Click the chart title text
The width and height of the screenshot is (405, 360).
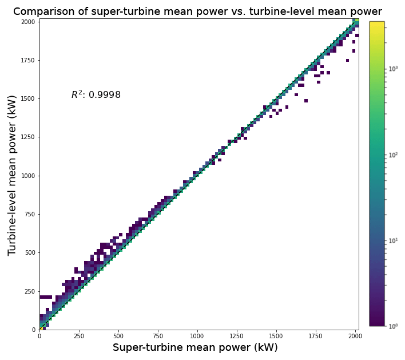pyautogui.click(x=197, y=11)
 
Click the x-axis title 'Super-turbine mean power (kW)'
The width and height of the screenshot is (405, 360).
pyautogui.click(x=195, y=347)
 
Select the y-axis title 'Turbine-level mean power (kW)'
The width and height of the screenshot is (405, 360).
pyautogui.click(x=13, y=175)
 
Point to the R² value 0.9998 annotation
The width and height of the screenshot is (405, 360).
pyautogui.click(x=96, y=95)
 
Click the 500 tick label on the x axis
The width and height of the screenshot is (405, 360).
pyautogui.click(x=118, y=336)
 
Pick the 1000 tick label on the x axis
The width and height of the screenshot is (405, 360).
pyautogui.click(x=197, y=336)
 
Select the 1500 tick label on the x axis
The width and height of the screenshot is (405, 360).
pyautogui.click(x=276, y=336)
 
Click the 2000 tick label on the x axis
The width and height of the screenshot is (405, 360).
pyautogui.click(x=354, y=336)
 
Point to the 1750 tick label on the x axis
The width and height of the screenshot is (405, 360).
pyautogui.click(x=315, y=336)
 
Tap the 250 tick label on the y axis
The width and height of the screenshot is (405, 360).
pyautogui.click(x=29, y=291)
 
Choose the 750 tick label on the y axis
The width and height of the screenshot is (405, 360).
pyautogui.click(x=29, y=214)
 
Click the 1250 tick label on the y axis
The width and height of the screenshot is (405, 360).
pyautogui.click(x=27, y=137)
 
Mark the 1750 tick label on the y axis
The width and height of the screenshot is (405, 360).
pyautogui.click(x=27, y=60)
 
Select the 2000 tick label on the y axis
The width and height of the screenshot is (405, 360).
pyautogui.click(x=27, y=22)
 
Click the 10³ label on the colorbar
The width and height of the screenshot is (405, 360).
pyautogui.click(x=394, y=69)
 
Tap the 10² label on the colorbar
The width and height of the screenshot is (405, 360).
pyautogui.click(x=394, y=155)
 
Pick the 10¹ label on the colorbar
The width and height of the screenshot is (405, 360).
pyautogui.click(x=394, y=240)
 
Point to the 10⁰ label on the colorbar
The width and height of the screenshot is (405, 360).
pyautogui.click(x=394, y=326)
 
